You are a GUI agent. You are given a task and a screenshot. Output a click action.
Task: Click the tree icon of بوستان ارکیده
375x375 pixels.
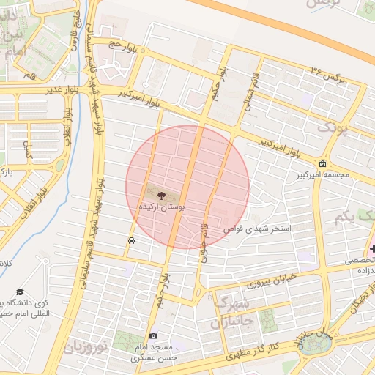coord(160,195)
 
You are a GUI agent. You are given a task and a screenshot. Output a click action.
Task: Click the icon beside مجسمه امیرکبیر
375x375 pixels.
coord(323,163)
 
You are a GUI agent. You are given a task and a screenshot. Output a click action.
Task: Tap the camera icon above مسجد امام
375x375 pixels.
coord(153,335)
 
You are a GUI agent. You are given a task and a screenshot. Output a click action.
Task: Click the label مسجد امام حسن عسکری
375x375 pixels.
coord(152,352)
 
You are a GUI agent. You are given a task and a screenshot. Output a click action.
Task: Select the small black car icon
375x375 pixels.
coord(131,240)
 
